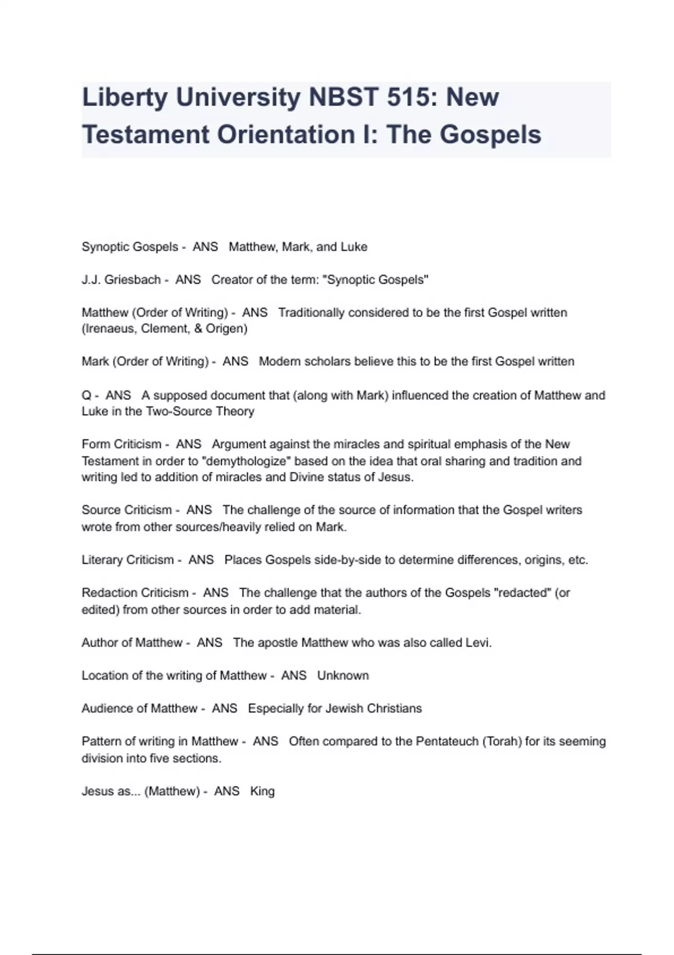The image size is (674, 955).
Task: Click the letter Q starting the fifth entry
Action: pos(86,395)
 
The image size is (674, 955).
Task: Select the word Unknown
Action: pos(343,676)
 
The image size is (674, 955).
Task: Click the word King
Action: pos(262,792)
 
